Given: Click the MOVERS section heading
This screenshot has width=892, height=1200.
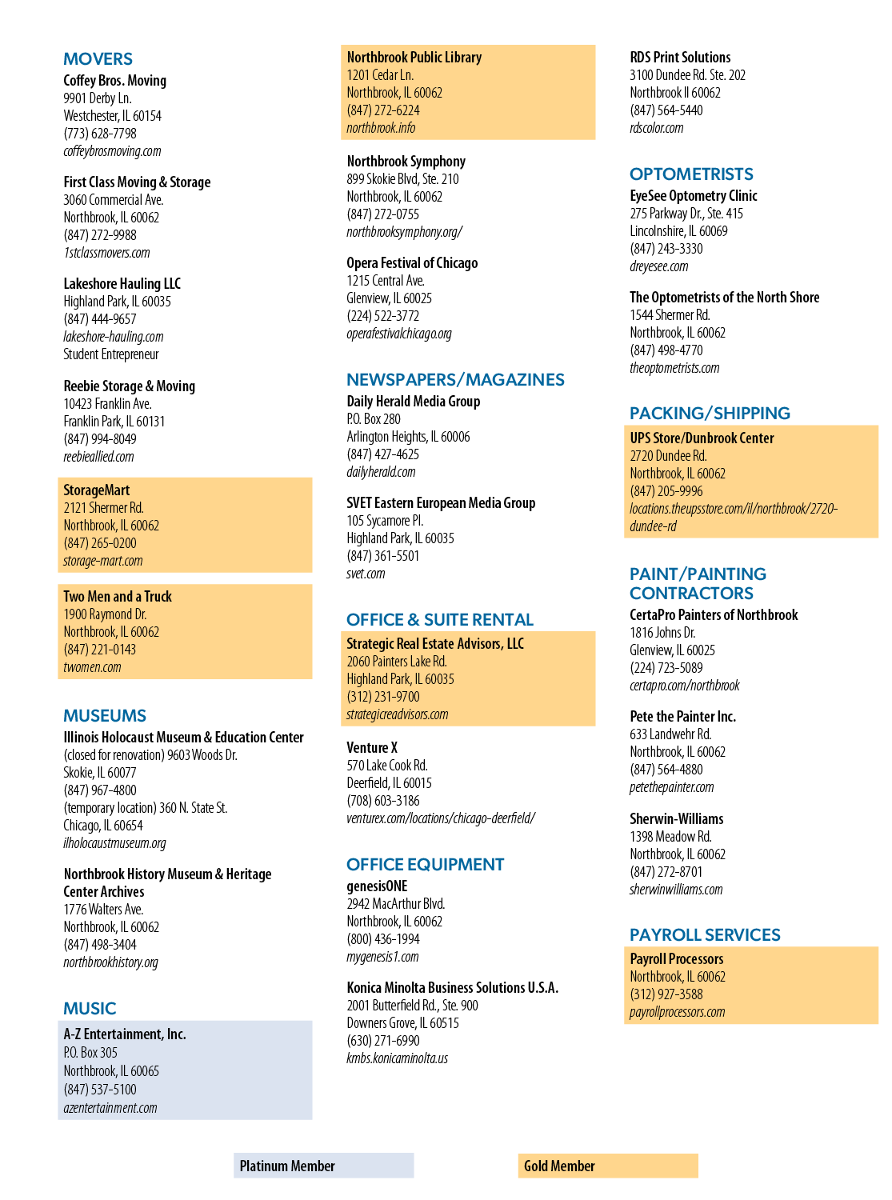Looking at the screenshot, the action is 98,58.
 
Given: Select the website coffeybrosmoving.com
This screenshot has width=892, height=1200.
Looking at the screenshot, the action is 112,151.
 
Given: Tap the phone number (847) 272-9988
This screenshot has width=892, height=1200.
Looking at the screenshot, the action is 99,235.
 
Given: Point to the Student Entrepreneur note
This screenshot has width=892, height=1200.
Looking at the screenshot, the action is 111,354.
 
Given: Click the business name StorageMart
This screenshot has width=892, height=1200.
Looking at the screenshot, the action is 96,490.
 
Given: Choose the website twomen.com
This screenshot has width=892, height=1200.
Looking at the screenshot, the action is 92,666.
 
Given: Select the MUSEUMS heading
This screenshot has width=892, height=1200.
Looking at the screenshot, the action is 105,715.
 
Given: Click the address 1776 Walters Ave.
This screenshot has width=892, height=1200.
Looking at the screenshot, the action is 103,909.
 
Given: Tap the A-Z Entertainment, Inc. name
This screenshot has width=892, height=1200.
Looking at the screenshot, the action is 125,1034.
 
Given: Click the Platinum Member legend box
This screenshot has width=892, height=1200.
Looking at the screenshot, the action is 324,1166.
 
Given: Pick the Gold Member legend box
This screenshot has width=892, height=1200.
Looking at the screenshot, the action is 608,1166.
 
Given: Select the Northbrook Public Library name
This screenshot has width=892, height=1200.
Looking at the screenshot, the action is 414,57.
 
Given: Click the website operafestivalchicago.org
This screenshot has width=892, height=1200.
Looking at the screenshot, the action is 399,334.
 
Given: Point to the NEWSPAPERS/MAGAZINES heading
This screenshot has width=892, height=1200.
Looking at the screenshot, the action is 455,379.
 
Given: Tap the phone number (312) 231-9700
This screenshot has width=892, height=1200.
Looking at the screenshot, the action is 383,696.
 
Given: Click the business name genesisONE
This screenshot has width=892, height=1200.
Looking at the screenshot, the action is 377,886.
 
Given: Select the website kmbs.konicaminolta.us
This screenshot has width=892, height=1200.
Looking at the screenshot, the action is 398,1058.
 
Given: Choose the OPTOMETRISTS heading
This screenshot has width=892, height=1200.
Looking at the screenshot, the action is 691,174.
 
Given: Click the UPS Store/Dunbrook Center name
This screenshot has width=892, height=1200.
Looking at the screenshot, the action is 702,438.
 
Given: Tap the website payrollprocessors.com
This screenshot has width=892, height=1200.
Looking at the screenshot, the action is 677,1012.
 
